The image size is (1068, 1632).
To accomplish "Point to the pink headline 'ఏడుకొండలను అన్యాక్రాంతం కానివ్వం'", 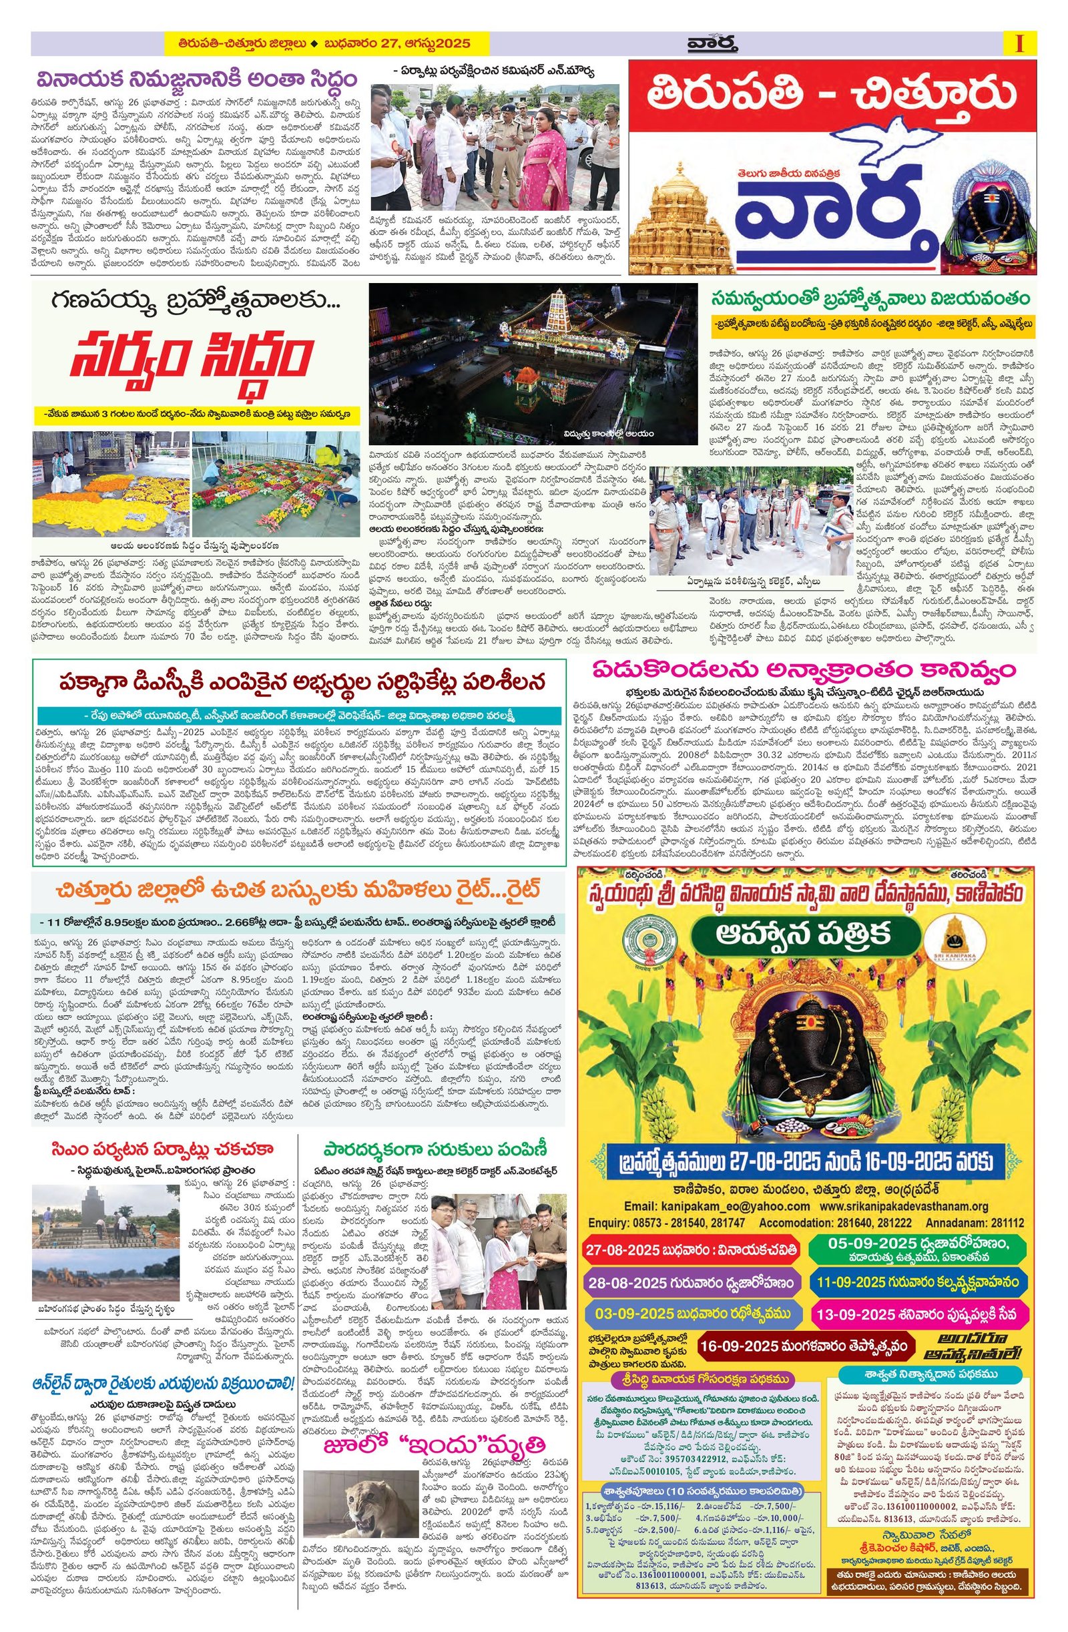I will point(806,669).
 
